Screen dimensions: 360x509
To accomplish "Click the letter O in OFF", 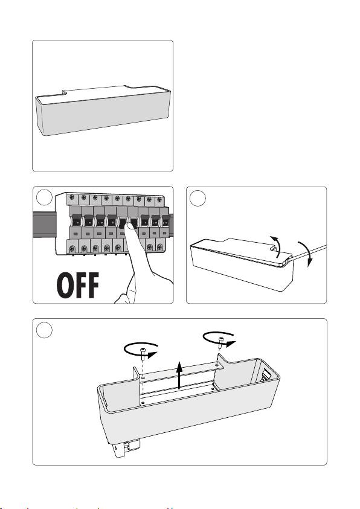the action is (x=64, y=285).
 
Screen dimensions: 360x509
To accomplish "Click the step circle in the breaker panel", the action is (x=44, y=197).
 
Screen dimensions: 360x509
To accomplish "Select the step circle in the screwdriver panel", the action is (x=198, y=198).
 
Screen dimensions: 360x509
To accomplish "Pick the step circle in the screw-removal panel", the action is (x=44, y=330).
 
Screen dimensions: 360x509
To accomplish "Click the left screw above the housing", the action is (x=143, y=352).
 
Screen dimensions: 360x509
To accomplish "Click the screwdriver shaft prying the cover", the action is (x=307, y=252).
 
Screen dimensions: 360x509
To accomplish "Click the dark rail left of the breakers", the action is (x=44, y=225).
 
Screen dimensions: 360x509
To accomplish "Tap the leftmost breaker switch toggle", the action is (x=76, y=220).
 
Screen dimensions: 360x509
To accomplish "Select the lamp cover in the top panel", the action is (x=103, y=110).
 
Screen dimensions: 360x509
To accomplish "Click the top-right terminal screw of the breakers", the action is (x=159, y=200).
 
